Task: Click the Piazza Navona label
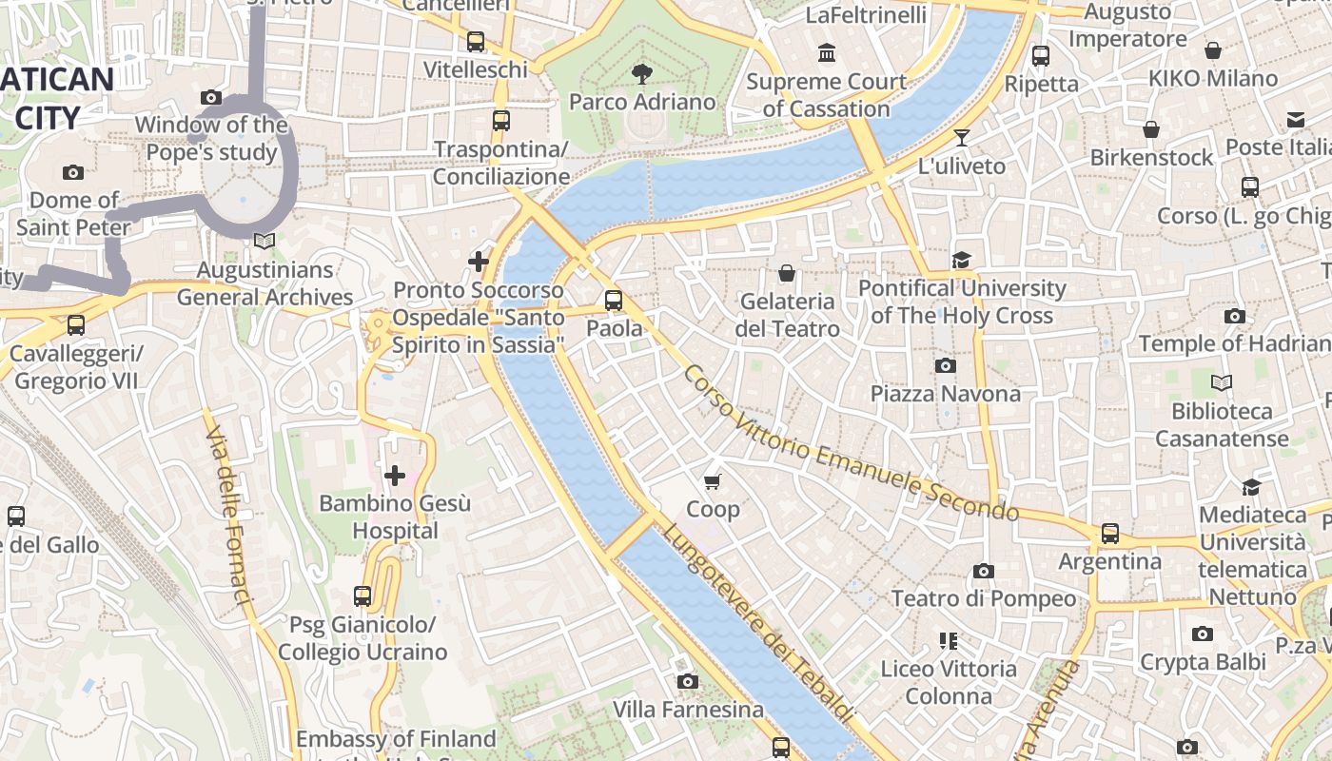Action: (945, 393)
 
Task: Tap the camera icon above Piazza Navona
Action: (945, 366)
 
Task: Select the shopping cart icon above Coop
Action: (713, 482)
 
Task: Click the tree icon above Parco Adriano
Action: (642, 73)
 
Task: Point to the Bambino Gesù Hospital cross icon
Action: (394, 475)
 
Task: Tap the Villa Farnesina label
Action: (688, 710)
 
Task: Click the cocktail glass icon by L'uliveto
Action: (962, 138)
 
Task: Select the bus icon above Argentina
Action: (1109, 534)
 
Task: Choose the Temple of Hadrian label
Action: (1234, 343)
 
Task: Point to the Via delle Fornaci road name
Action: (227, 515)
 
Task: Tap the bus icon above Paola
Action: (614, 301)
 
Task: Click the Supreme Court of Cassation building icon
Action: (826, 53)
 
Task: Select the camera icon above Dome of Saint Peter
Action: (73, 172)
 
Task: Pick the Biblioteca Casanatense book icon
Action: (1222, 383)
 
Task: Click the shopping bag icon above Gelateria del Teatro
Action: (787, 274)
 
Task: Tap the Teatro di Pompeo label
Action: (984, 598)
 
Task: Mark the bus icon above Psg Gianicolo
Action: (362, 596)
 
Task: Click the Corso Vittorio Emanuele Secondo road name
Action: (850, 443)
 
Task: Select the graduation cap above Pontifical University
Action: (961, 261)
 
